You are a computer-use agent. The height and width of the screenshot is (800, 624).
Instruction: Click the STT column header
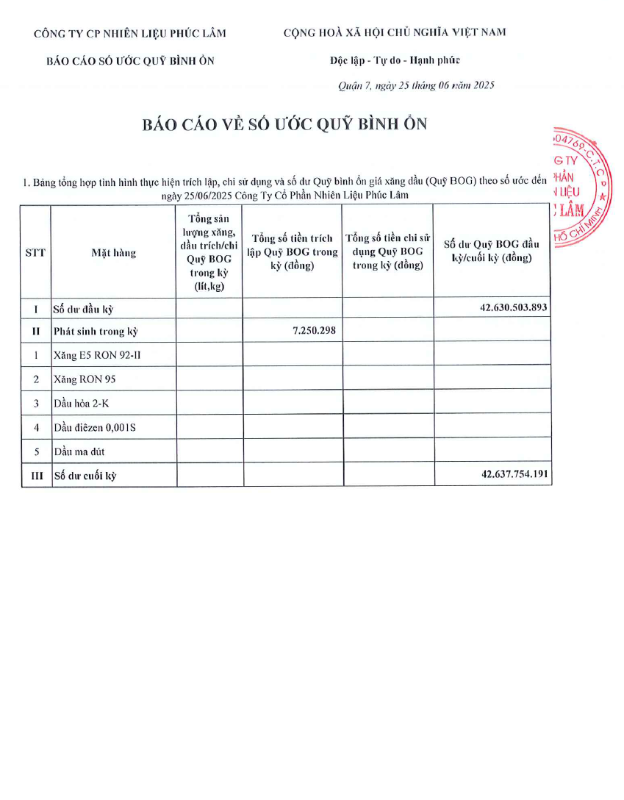coord(35,252)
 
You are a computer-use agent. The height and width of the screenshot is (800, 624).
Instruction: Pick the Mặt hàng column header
coord(113,253)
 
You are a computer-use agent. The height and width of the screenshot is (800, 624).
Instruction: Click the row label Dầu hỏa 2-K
coord(82,403)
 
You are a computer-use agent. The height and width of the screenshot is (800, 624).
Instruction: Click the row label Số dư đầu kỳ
coord(83,310)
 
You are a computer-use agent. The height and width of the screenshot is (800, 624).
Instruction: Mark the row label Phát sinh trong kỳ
coord(96,332)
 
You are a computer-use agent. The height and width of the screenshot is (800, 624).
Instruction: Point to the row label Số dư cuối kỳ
coord(85,476)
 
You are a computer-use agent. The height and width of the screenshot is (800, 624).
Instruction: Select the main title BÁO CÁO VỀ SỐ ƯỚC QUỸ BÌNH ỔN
coord(284,124)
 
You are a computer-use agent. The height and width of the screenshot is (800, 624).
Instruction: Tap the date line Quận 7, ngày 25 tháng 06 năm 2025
coord(416,85)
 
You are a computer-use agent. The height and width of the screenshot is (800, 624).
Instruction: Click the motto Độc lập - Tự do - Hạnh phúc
coord(395,60)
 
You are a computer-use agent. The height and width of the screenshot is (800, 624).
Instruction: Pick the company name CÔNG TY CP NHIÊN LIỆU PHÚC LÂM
coord(130,33)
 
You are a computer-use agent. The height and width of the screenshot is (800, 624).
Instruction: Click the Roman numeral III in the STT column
coord(36,476)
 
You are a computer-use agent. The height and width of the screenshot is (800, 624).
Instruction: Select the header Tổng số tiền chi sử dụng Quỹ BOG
coord(388,251)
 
